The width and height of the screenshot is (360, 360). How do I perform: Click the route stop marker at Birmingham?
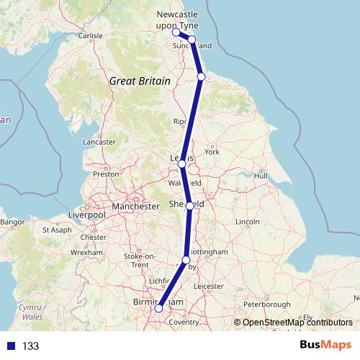158,309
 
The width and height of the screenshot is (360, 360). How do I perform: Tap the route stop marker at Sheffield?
189,206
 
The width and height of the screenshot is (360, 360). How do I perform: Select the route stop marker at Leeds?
182,164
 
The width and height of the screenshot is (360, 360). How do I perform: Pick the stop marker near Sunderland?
192,40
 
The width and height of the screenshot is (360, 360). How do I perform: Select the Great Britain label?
140,81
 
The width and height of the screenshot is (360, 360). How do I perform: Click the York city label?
212,152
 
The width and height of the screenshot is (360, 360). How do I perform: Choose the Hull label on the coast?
261,176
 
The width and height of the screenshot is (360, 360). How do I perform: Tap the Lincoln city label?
247,220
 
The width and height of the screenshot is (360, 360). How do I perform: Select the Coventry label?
184,323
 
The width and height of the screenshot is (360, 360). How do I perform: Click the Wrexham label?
92,253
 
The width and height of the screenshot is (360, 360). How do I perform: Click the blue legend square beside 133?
10,346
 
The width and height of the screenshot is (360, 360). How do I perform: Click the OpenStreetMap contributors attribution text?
297,323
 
